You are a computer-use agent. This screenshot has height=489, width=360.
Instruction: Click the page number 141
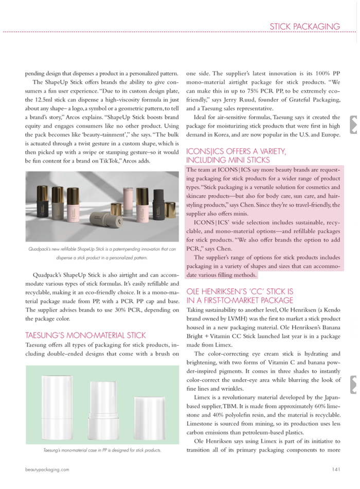pos(336,469)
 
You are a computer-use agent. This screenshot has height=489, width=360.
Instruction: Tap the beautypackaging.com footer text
pos(47,469)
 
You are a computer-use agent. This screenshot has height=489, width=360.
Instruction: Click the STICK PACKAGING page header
pos(305,26)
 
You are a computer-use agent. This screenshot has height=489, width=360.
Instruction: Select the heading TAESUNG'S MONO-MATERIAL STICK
pos(85,335)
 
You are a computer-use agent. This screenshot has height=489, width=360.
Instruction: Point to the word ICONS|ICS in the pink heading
pos(204,151)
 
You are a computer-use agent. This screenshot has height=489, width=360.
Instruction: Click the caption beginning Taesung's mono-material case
pos(102,450)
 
